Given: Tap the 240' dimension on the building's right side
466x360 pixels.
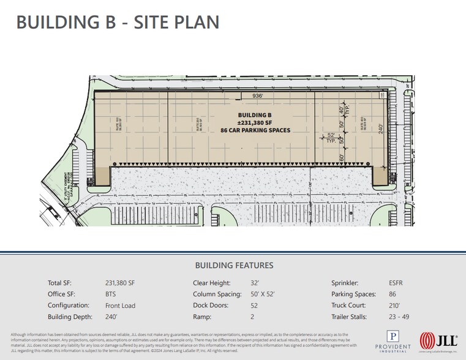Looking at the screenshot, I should (380, 129).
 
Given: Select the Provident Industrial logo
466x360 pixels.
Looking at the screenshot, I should (394, 340).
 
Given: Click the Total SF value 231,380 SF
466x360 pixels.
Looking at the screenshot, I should (120, 283).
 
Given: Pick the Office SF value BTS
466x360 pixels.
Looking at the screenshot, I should (111, 294).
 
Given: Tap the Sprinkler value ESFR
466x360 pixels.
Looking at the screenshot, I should (396, 283).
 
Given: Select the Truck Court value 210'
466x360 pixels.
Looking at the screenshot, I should (394, 306).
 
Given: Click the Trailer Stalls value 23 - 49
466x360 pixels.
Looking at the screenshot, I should (399, 317).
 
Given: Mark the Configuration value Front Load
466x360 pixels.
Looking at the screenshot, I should (121, 306).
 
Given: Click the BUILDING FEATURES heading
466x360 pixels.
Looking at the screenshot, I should (234, 266).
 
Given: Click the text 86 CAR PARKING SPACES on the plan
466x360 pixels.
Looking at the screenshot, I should (255, 130).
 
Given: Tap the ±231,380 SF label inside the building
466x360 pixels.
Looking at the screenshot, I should (255, 122).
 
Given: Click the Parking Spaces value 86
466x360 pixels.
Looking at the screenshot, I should (393, 294).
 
